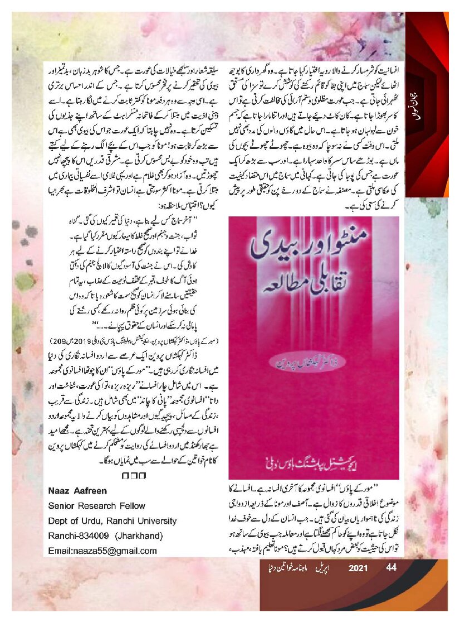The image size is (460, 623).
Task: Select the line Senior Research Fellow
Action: point(96,506)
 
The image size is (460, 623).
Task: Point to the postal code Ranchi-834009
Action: point(79,536)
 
